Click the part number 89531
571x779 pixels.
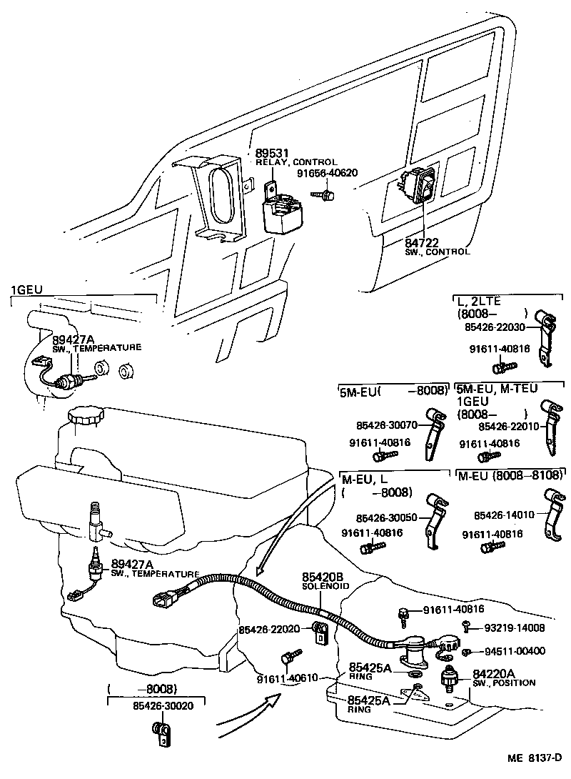click(271, 153)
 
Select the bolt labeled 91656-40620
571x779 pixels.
click(328, 194)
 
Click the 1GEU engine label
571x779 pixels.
click(27, 289)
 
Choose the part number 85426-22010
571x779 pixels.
click(508, 426)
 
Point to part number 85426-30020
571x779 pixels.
click(163, 705)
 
